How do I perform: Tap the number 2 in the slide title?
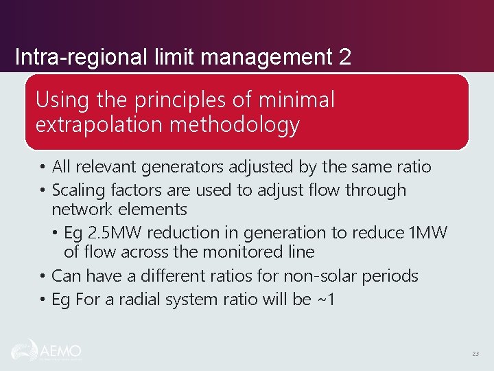coord(344,56)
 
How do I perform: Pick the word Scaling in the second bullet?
coord(79,190)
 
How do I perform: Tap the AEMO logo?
coord(46,350)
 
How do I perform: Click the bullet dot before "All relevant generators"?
coord(43,168)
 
